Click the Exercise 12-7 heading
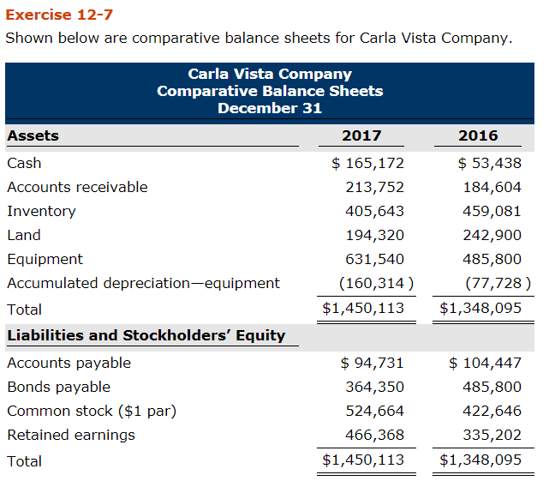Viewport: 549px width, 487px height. click(x=59, y=15)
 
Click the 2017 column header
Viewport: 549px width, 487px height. click(x=361, y=135)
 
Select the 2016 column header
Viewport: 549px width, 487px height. click(x=478, y=135)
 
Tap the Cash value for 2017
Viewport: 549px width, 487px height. click(x=368, y=163)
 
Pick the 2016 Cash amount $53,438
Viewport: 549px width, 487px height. click(x=489, y=163)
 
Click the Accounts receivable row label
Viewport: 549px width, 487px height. click(x=77, y=187)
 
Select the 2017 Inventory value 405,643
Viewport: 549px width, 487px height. click(x=374, y=211)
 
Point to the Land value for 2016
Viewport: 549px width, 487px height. click(x=492, y=235)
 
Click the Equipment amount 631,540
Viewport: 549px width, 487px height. click(x=374, y=259)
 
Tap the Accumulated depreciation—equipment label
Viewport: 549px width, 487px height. click(x=143, y=283)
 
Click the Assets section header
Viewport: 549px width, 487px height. click(x=33, y=135)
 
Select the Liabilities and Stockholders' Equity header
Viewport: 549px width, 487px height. click(x=146, y=335)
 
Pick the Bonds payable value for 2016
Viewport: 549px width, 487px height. click(x=492, y=387)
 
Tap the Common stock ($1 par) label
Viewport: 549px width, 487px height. click(x=92, y=411)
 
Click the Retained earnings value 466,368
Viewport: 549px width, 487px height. click(x=374, y=435)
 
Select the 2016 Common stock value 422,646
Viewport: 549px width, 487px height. click(x=492, y=411)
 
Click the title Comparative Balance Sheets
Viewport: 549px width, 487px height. click(x=270, y=91)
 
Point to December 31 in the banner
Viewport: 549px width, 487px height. click(x=270, y=108)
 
